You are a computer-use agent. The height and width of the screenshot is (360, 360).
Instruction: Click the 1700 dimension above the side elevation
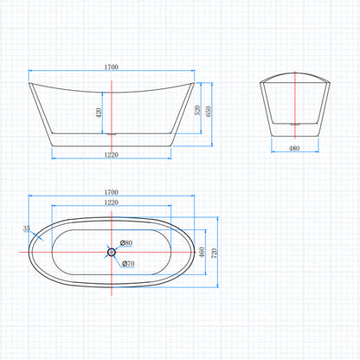[x=112, y=67]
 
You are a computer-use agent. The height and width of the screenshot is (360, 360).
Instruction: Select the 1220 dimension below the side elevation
[x=112, y=155]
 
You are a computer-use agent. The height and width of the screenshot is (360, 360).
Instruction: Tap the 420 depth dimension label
[x=99, y=112]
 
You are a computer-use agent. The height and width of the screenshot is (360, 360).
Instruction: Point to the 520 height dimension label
[x=197, y=110]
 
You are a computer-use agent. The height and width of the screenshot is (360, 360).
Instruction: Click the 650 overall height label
[x=209, y=112]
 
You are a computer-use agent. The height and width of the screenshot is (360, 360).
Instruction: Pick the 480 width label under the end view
[x=294, y=148]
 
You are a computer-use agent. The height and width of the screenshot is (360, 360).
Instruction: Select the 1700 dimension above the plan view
[x=112, y=192]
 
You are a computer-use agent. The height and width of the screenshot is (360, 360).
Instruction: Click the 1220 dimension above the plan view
[x=112, y=202]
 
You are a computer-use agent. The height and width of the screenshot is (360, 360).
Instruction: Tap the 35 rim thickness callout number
[x=26, y=228]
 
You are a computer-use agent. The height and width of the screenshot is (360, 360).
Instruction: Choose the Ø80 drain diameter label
[x=126, y=243]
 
